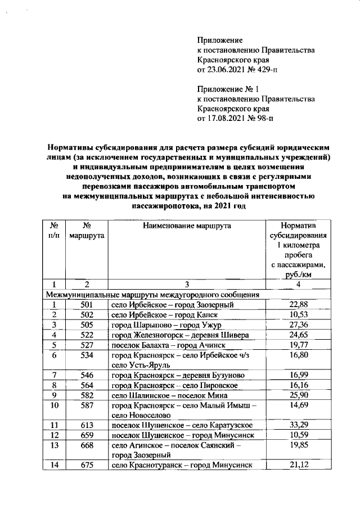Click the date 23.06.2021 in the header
227,70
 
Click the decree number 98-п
264,119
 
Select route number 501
87,305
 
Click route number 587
87,405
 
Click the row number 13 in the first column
54,445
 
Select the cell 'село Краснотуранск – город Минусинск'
179,465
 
